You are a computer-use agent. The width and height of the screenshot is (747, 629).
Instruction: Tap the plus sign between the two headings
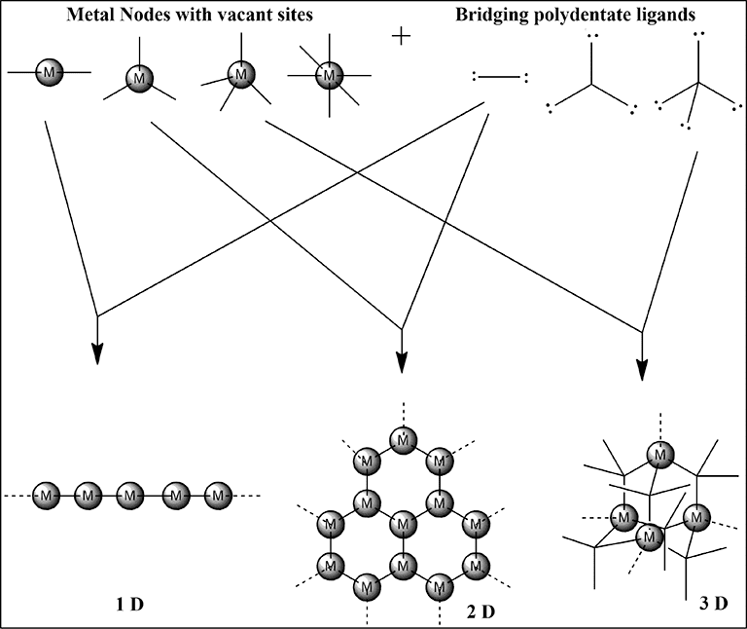click(x=402, y=37)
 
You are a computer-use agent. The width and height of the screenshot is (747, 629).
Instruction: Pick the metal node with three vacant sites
click(x=143, y=77)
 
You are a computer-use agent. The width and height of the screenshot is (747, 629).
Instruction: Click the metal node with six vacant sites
click(x=332, y=74)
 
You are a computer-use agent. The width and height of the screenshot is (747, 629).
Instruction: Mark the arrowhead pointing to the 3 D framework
click(x=642, y=368)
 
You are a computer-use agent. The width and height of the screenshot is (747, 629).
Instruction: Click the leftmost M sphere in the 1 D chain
click(x=46, y=497)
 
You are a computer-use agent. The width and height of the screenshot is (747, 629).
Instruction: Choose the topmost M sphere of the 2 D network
click(x=401, y=440)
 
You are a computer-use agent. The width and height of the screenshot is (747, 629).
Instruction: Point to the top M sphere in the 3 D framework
click(x=660, y=453)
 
